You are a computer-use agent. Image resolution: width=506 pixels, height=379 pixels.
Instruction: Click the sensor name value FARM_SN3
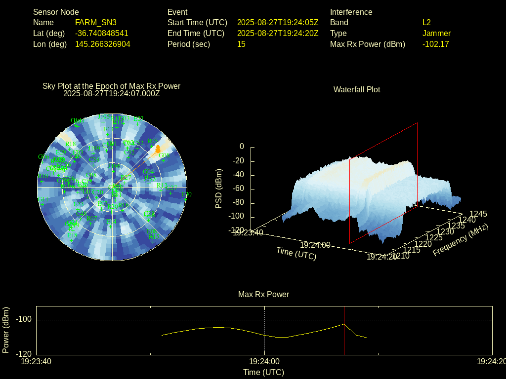(96, 23)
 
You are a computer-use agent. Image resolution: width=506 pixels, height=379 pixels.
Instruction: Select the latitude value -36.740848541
(102, 34)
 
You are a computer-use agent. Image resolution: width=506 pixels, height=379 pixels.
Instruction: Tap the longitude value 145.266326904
(103, 44)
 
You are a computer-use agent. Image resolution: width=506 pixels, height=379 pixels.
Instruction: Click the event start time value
(278, 23)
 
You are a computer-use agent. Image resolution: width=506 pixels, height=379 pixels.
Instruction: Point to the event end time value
(278, 34)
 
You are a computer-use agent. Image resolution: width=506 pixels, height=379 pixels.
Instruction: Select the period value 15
(241, 44)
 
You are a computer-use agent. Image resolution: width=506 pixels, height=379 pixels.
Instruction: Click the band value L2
(426, 23)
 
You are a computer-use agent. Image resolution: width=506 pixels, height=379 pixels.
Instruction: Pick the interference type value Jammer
(436, 34)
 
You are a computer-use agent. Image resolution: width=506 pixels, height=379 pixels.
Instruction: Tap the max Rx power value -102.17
(435, 44)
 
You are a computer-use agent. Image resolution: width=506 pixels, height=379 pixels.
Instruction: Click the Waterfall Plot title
(357, 89)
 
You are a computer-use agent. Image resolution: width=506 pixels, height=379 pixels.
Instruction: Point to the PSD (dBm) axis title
(219, 189)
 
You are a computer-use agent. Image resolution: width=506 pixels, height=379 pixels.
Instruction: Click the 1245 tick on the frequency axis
(478, 214)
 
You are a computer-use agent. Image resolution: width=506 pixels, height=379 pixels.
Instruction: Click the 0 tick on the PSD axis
(242, 147)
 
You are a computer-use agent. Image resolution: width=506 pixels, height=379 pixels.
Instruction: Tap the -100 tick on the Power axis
(24, 320)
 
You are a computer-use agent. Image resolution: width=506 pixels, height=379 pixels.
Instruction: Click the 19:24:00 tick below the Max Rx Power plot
(264, 362)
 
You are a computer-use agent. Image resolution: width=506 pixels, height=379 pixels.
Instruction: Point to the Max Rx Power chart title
(263, 294)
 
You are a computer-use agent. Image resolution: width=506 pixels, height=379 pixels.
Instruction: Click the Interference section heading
(351, 12)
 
